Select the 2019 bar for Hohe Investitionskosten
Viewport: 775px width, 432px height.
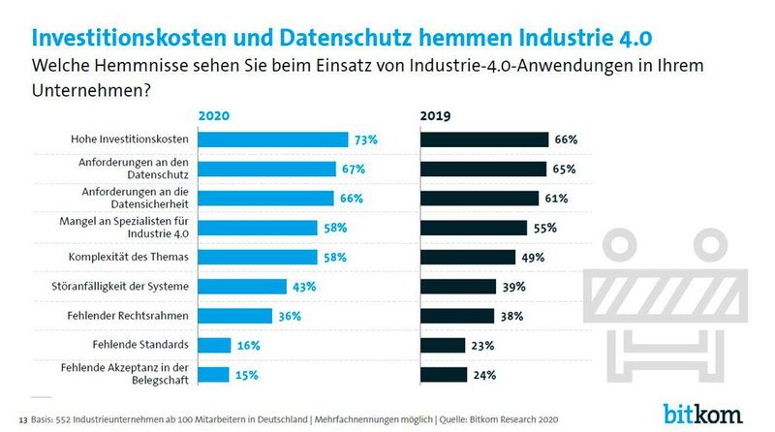[483, 139]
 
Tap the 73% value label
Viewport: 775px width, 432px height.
[365, 139]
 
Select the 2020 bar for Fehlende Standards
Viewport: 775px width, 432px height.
[214, 345]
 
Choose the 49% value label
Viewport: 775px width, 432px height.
[533, 257]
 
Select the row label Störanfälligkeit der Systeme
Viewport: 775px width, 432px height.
[125, 287]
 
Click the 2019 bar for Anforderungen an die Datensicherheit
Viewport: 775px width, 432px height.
[479, 199]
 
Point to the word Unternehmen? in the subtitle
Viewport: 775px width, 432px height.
[92, 89]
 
